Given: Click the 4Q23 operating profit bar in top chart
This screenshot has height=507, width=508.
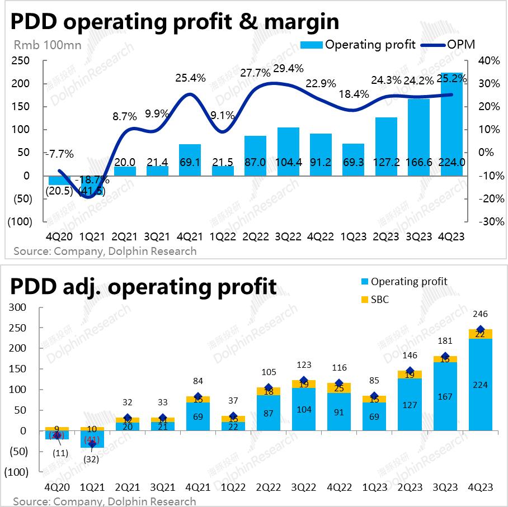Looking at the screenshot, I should (452, 123).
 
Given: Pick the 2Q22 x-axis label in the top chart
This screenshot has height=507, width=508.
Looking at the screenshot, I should (255, 236).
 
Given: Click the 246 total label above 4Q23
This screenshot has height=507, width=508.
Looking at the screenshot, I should (480, 314).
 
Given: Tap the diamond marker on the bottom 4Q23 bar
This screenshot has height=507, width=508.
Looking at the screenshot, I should (480, 329).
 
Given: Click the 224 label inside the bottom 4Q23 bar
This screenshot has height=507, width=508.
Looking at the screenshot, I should (480, 385).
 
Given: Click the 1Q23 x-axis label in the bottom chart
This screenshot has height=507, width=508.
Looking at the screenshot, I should (374, 486).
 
